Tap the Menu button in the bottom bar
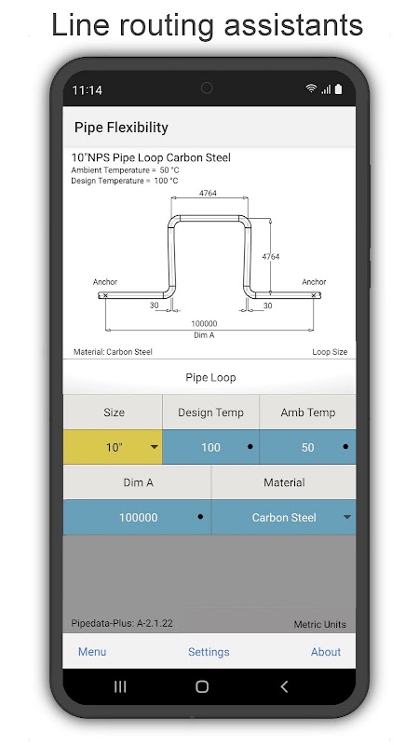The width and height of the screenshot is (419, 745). click(x=92, y=652)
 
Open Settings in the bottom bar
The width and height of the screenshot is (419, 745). click(x=209, y=652)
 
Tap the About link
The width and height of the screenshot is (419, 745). click(x=325, y=652)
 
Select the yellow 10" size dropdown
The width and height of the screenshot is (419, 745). click(x=113, y=447)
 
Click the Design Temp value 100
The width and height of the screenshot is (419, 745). click(x=211, y=447)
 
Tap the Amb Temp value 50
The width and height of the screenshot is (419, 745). click(x=308, y=447)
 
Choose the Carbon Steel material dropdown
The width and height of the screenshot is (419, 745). click(x=284, y=518)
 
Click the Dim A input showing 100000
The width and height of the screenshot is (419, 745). click(x=137, y=518)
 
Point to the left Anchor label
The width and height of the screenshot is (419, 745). click(x=105, y=282)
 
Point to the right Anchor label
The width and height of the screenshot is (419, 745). click(x=314, y=282)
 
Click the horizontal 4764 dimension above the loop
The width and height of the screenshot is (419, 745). click(x=208, y=193)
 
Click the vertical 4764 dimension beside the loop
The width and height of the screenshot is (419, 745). click(x=271, y=257)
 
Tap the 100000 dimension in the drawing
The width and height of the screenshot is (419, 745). click(x=204, y=323)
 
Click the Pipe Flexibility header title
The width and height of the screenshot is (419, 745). click(x=121, y=128)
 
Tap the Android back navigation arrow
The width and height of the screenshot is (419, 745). click(x=284, y=686)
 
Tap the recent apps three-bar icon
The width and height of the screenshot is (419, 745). click(x=120, y=686)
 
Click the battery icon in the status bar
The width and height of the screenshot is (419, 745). click(x=338, y=88)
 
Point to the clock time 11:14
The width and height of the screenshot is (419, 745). click(x=87, y=89)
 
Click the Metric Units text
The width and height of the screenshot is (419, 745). click(x=319, y=624)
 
